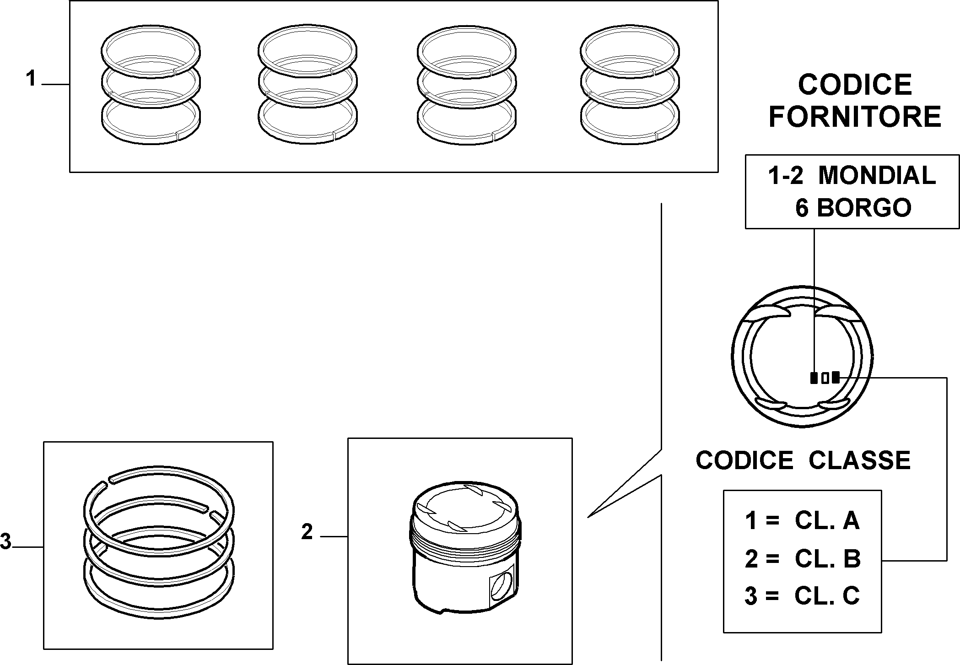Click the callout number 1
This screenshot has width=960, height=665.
[x=31, y=79]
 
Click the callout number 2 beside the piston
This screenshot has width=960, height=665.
[x=307, y=532]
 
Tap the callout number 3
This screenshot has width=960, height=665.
[x=5, y=541]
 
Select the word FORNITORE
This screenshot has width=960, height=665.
[x=855, y=116]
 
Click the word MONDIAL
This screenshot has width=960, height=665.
[x=877, y=175]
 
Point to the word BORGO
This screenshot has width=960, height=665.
[x=864, y=207]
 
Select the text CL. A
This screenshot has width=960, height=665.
[x=827, y=520]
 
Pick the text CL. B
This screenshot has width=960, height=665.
[x=827, y=558]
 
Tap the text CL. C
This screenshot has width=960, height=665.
[x=827, y=596]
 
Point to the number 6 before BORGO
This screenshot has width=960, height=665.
[x=802, y=208]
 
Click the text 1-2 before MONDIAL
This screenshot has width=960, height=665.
[x=785, y=176]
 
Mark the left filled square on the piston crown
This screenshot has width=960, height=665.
[x=814, y=378]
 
